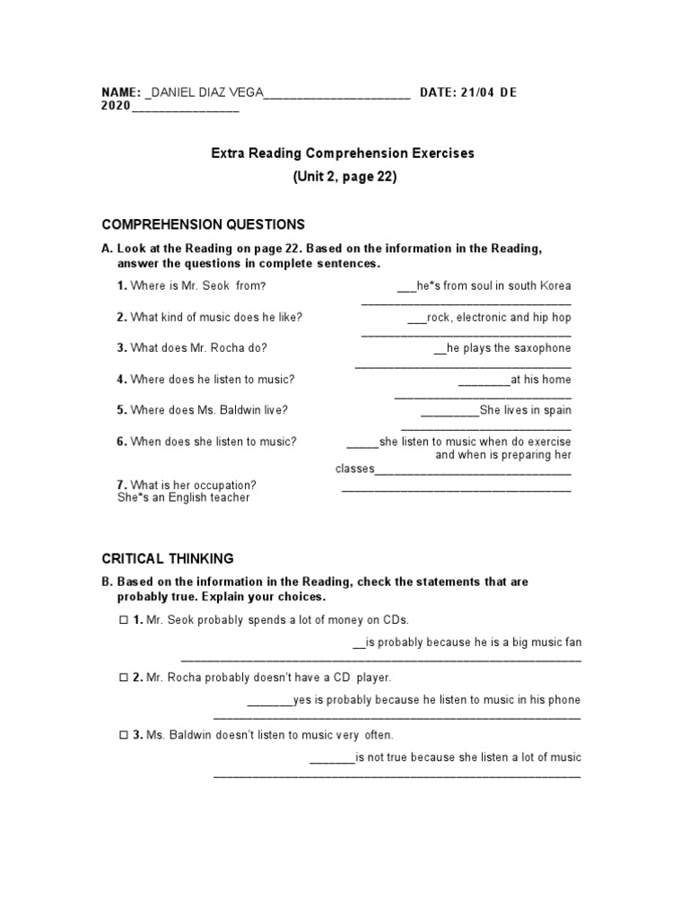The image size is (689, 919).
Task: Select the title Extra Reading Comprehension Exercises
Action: point(343,153)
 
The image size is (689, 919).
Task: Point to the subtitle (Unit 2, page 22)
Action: point(344,177)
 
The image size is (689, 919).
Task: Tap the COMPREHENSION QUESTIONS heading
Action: point(203,224)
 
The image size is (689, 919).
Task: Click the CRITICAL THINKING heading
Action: point(168,558)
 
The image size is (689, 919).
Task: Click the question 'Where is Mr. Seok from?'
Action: point(198,286)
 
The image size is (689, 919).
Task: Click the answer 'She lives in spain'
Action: point(525,410)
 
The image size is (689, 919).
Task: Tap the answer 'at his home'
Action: point(540,380)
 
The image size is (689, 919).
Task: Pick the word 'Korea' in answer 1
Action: point(554,286)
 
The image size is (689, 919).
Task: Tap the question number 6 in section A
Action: point(121,442)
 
